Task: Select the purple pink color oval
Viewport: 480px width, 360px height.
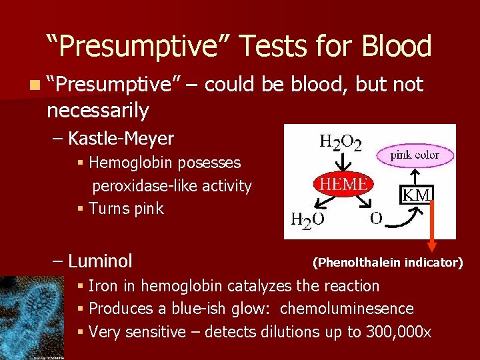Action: pos(415,155)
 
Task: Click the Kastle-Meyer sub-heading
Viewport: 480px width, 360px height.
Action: pos(121,139)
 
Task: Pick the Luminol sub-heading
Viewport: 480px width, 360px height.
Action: pos(100,260)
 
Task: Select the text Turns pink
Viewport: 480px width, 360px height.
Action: pos(125,209)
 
